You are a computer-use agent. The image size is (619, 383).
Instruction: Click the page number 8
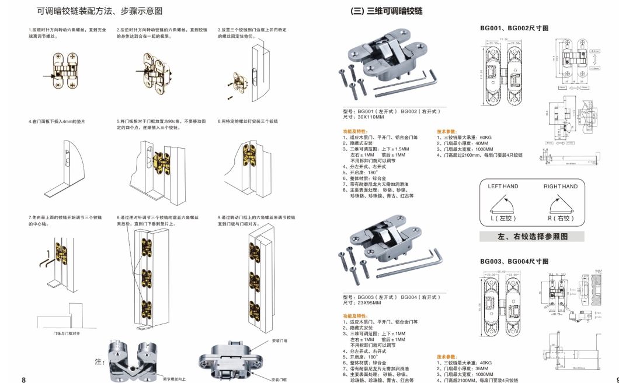coord(23,380)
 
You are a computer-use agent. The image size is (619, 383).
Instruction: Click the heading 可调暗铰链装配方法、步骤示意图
coord(99,11)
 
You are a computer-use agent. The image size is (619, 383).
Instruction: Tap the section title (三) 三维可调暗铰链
coord(386,11)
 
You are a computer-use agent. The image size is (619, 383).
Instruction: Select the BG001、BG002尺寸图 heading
coord(514,27)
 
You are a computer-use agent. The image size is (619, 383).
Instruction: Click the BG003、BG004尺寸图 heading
coord(514,262)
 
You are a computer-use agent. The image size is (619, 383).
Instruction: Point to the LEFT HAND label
coord(503,187)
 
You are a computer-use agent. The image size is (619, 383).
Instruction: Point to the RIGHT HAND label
coord(560,187)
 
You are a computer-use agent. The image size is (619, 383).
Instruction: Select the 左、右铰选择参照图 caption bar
coord(532,237)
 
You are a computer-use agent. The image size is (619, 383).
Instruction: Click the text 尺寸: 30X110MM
coord(363,117)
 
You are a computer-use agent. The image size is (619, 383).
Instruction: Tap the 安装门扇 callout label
coord(280,340)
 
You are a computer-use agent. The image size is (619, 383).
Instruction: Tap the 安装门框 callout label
coord(280,380)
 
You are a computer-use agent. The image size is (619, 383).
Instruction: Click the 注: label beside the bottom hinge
coord(99,362)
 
